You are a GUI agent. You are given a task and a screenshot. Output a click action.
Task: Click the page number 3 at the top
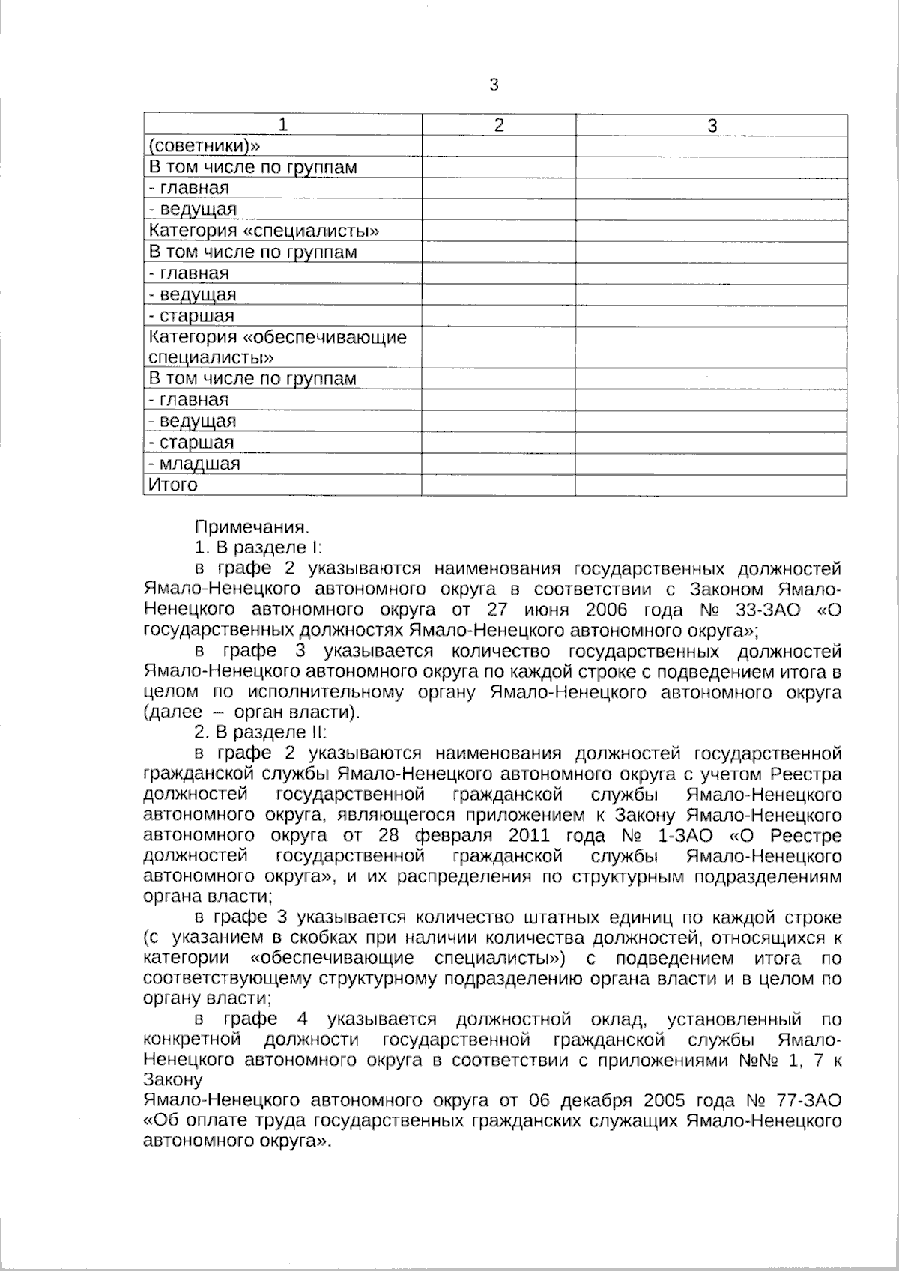tap(494, 85)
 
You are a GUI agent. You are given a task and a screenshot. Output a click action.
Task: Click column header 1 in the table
tap(282, 125)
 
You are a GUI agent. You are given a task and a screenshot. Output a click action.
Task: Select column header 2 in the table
tap(499, 125)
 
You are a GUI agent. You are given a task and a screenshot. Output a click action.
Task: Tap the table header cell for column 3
tap(712, 125)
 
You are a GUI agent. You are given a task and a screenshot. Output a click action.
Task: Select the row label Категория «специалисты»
tap(264, 231)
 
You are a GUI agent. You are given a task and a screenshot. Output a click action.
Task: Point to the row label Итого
tap(173, 485)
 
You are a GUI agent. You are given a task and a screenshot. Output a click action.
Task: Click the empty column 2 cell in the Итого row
tap(498, 485)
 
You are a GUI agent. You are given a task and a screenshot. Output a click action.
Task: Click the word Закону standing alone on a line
tap(172, 1081)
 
